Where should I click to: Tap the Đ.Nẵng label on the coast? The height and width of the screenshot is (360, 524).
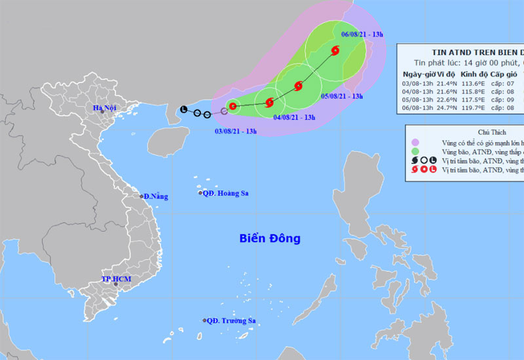[x=155, y=196]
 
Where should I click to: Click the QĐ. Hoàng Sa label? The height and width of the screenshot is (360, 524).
[x=225, y=193]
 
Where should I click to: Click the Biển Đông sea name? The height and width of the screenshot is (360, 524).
[x=269, y=239]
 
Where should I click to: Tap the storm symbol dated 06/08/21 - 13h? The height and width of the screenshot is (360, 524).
[x=335, y=50]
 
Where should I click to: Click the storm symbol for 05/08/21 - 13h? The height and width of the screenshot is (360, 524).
[x=299, y=85]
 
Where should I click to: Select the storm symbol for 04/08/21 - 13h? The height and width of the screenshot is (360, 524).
[x=269, y=101]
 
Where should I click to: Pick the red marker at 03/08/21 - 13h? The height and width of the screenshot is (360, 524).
[x=233, y=106]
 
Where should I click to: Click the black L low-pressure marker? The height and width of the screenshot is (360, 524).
[x=183, y=109]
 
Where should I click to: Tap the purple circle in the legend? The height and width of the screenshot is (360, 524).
[x=415, y=142]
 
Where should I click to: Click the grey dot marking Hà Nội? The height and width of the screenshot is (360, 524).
[x=102, y=112]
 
